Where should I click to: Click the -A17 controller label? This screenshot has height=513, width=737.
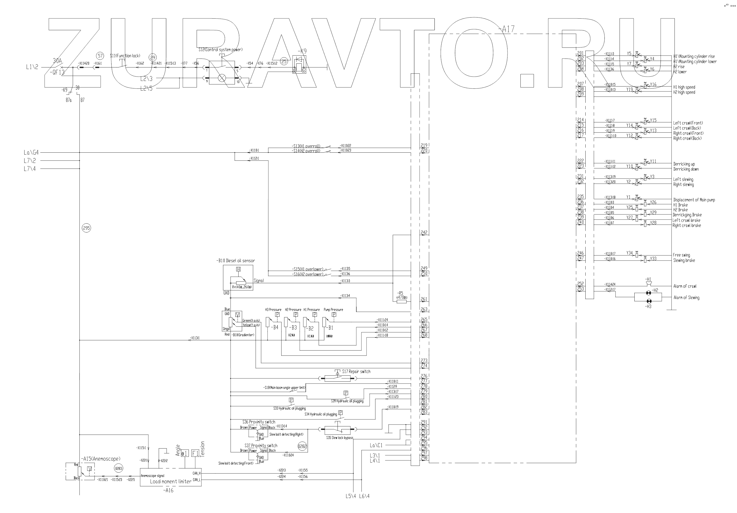[x=506, y=29]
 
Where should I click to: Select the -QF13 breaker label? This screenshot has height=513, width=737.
[x=57, y=73]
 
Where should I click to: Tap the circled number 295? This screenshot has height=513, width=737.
[x=86, y=228]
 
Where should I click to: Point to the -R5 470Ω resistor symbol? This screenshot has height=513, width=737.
[x=401, y=301]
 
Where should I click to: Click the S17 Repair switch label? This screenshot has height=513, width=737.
[x=356, y=372]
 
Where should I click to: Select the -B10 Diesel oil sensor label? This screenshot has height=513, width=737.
[x=236, y=261]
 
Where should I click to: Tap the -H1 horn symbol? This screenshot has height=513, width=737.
[x=648, y=284]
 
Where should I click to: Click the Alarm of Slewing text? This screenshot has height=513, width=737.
[x=686, y=298]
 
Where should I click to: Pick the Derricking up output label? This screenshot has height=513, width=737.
[x=684, y=164]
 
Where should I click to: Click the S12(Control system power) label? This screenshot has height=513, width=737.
[x=221, y=50]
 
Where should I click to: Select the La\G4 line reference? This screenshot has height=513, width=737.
[x=31, y=153]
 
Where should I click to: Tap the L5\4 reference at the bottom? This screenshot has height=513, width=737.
[x=350, y=496]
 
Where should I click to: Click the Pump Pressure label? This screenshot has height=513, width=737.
[x=333, y=310]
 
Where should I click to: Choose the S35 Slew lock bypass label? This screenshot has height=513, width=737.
[x=339, y=438]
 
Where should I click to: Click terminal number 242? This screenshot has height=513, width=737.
[x=424, y=232]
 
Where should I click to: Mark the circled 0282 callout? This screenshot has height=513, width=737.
[x=302, y=446]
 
